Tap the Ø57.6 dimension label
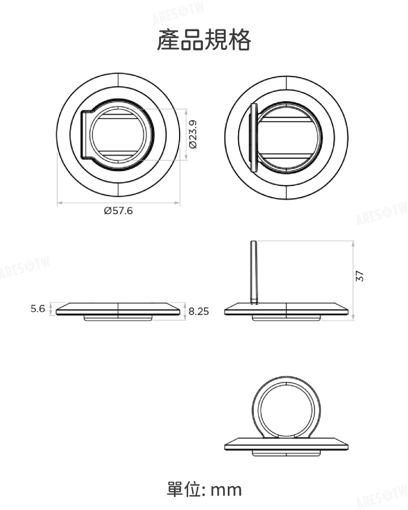point(118,211)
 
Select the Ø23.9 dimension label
point(193,134)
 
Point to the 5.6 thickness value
point(38,309)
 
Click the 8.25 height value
point(199,311)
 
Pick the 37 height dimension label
point(359,277)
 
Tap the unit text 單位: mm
point(204,489)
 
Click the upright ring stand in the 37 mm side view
point(254,272)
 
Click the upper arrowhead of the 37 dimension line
point(352,243)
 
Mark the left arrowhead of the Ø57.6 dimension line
point(59,202)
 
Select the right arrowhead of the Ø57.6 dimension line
point(178,202)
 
